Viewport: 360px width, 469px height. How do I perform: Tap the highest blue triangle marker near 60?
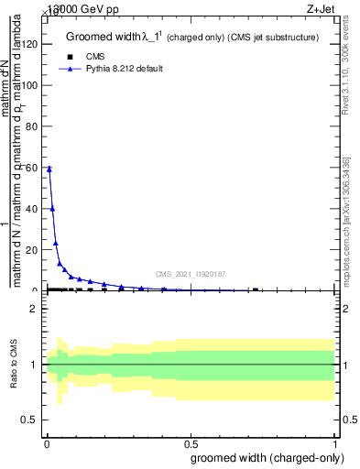coord(49,169)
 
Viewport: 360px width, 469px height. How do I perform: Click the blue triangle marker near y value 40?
coord(52,208)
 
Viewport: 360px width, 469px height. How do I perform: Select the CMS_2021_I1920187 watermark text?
coord(190,274)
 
